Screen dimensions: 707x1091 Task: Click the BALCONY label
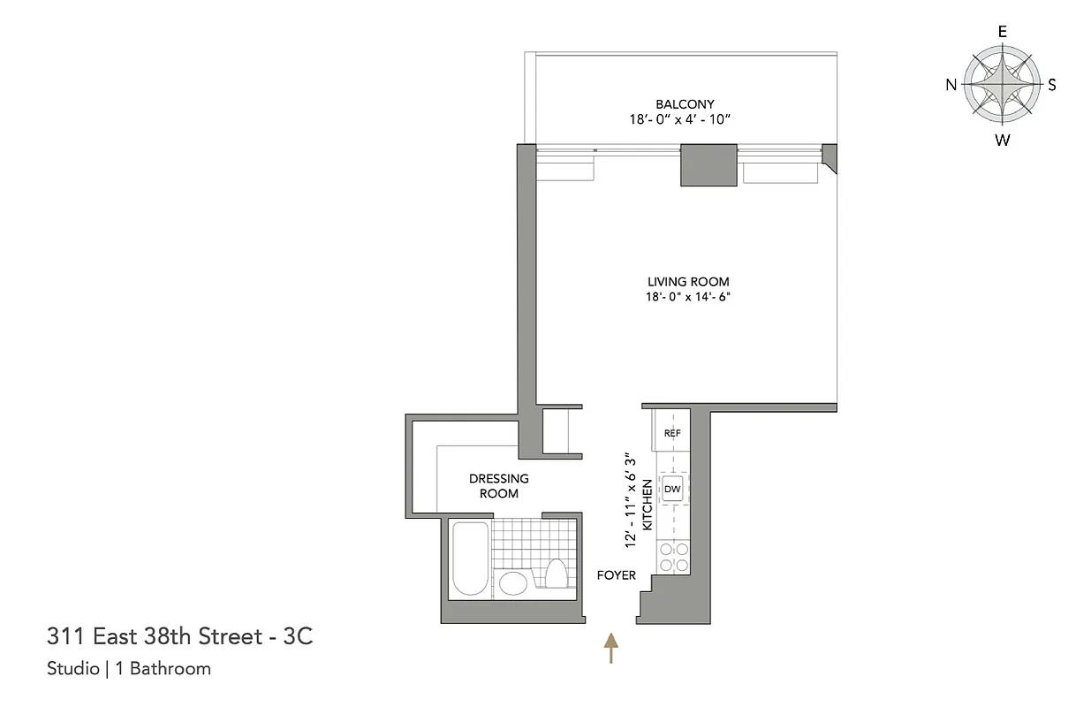point(685,104)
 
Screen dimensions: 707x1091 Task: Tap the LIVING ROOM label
point(688,282)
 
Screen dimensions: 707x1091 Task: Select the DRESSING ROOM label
point(499,485)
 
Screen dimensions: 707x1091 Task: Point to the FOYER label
point(616,575)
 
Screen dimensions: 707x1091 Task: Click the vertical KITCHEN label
point(647,505)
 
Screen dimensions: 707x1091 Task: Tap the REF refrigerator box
point(671,433)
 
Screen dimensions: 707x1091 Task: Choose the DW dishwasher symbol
point(672,489)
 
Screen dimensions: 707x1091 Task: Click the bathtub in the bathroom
point(468,559)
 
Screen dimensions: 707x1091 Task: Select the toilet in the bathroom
point(556,574)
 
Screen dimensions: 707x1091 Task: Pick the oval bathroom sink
point(511,582)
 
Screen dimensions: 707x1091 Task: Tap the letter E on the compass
point(1002,31)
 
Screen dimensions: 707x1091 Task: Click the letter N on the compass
point(951,85)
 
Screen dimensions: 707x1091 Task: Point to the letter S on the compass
point(1052,85)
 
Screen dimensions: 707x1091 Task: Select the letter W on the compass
point(1002,139)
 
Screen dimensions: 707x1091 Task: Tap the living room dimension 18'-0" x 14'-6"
point(688,297)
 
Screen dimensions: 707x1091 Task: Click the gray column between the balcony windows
point(708,165)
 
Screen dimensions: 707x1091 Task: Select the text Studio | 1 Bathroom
point(129,668)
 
